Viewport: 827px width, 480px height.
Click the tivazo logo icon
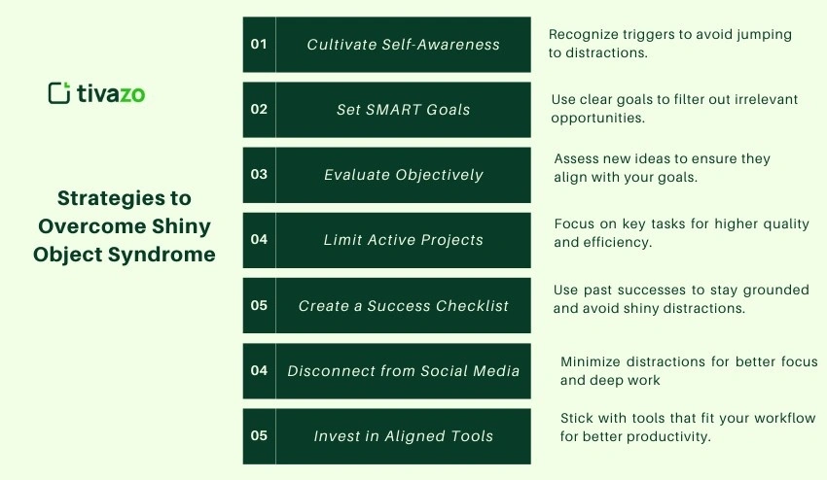point(59,93)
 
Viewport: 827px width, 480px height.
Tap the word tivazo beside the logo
point(111,93)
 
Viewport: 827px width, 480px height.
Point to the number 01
point(259,44)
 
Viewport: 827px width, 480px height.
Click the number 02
point(259,109)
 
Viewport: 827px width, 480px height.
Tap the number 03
point(259,175)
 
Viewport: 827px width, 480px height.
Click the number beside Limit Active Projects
point(259,239)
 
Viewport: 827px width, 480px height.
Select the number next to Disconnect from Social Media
point(259,370)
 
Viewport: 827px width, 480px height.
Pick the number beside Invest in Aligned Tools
point(259,435)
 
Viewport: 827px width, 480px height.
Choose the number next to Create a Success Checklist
point(259,305)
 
